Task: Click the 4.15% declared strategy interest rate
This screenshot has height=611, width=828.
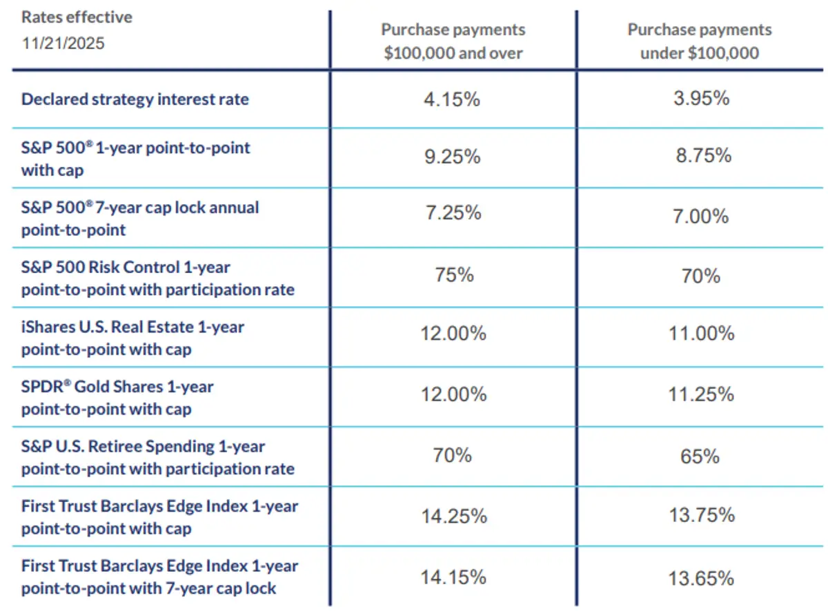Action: coord(453,99)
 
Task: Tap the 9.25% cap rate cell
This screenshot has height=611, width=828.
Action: coord(453,157)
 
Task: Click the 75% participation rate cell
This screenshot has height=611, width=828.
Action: coord(453,275)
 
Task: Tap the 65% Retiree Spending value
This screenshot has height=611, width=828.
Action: coord(700,457)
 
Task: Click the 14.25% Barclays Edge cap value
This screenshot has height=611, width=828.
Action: coord(453,516)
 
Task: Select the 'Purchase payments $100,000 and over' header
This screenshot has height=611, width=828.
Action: coord(453,41)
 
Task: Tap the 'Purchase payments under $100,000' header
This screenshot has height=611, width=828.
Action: coord(700,41)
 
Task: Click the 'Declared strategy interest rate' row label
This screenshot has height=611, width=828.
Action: coord(135,99)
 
